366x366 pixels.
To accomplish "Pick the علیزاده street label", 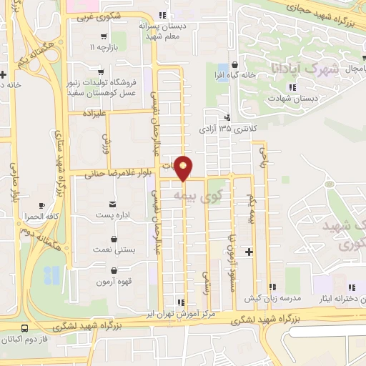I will click(94, 113).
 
